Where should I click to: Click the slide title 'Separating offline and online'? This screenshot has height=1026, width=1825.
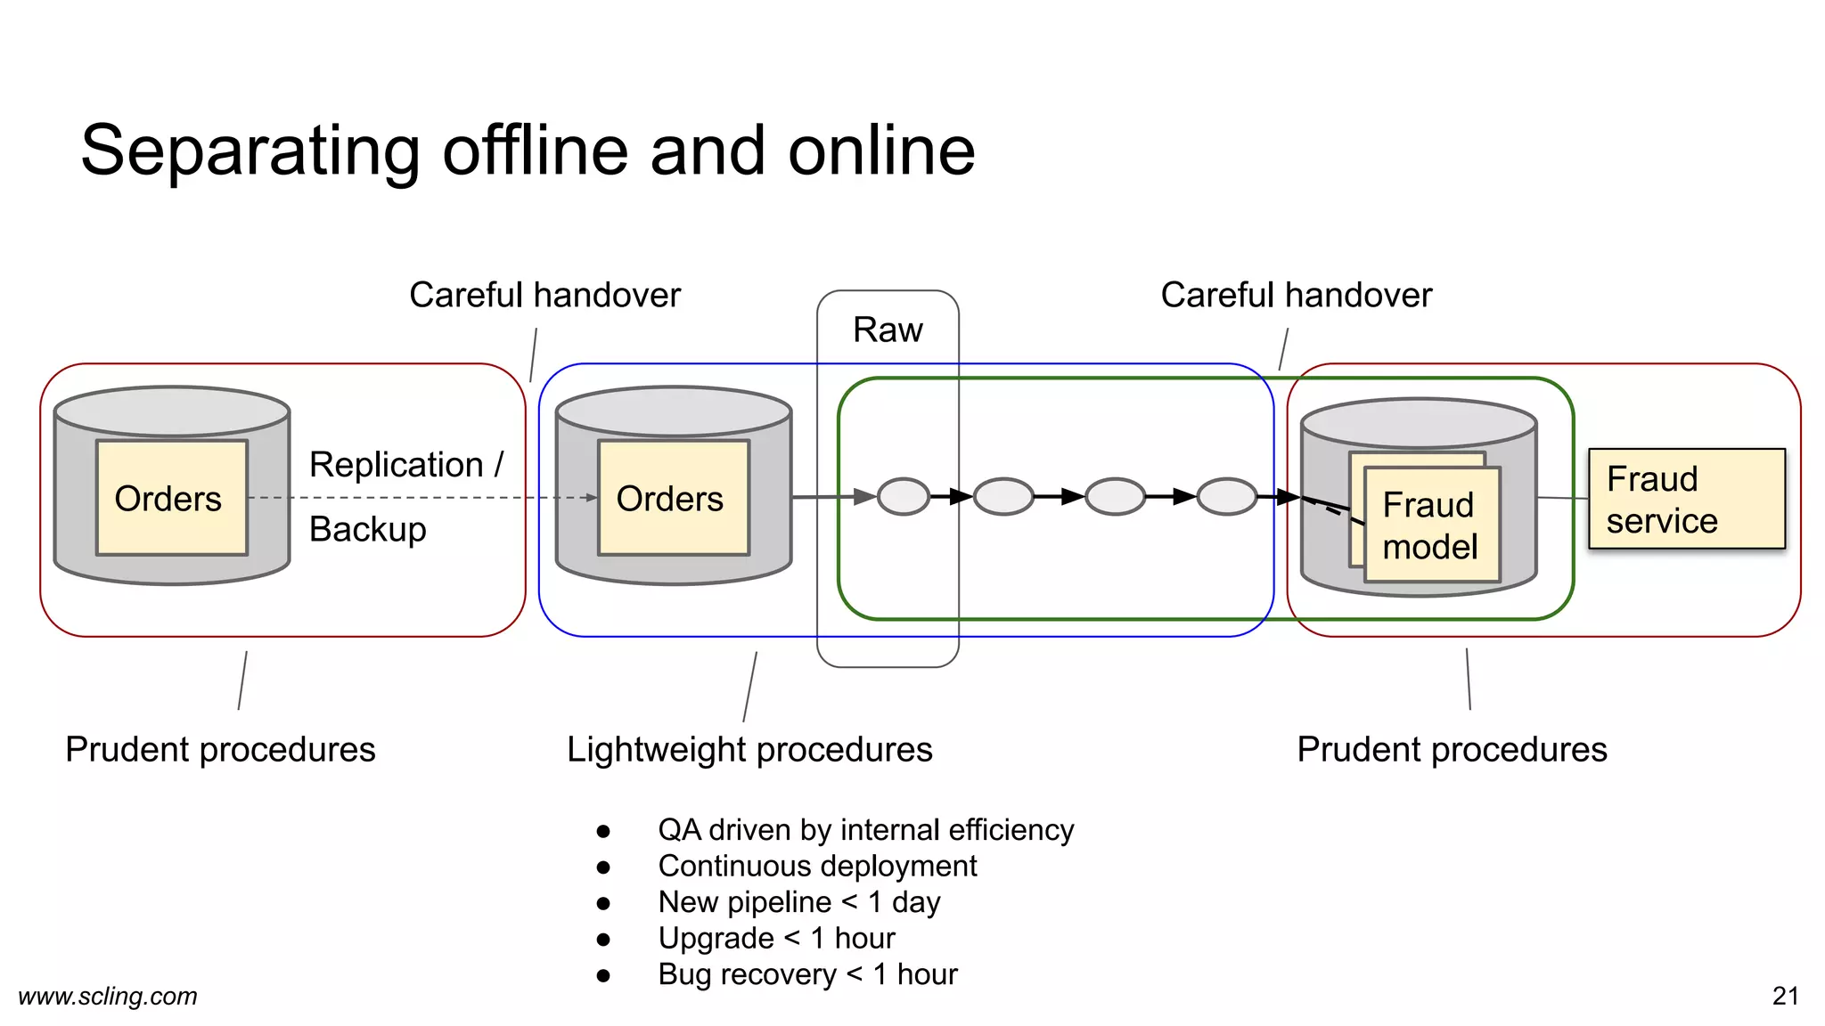pos(528,151)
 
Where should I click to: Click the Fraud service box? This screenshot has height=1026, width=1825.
pos(1686,499)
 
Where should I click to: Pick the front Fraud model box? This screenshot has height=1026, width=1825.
pos(1431,525)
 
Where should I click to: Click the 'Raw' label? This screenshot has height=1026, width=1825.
pos(888,330)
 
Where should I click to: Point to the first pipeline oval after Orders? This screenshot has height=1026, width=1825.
pos(904,496)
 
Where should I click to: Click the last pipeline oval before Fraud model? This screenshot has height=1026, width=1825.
pos(1227,496)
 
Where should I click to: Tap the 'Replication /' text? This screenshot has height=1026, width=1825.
pos(405,465)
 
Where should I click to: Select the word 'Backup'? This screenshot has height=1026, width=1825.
pos(367,529)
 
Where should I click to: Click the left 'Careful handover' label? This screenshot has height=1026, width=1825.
pos(544,295)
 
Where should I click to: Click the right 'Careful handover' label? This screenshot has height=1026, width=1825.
pos(1296,295)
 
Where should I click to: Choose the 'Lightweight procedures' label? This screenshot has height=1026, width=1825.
pos(749,749)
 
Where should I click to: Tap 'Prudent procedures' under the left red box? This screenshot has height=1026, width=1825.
pos(220,749)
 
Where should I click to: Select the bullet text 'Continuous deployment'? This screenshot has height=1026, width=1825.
pos(817,866)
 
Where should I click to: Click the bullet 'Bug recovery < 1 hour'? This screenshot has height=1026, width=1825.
pos(807,974)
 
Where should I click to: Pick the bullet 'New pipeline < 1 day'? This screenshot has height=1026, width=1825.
pos(798,902)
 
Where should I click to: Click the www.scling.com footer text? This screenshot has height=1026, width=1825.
pos(108,996)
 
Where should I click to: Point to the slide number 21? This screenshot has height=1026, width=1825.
pos(1785,996)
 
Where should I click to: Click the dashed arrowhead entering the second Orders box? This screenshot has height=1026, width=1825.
pos(591,498)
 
